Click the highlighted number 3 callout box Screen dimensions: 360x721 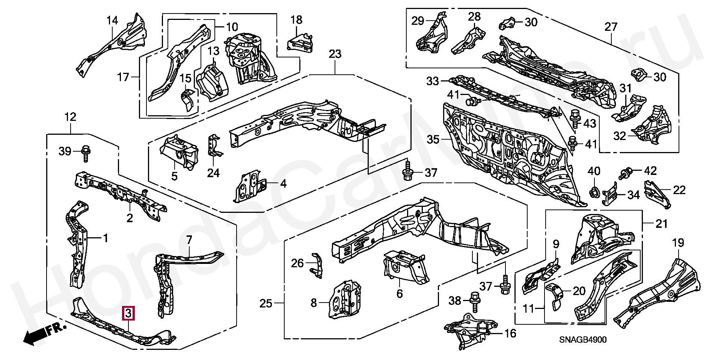click(128, 313)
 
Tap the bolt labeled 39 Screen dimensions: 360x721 click(85, 153)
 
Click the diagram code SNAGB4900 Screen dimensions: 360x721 click(582, 340)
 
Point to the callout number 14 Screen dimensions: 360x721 click(112, 21)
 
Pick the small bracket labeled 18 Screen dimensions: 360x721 click(300, 42)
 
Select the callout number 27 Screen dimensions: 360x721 click(611, 27)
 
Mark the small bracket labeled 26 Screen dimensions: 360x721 click(316, 265)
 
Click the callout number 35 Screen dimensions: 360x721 click(433, 140)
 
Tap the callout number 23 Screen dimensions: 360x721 click(335, 54)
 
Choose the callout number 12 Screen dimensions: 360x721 click(70, 117)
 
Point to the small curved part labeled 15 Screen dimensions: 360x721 click(187, 100)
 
